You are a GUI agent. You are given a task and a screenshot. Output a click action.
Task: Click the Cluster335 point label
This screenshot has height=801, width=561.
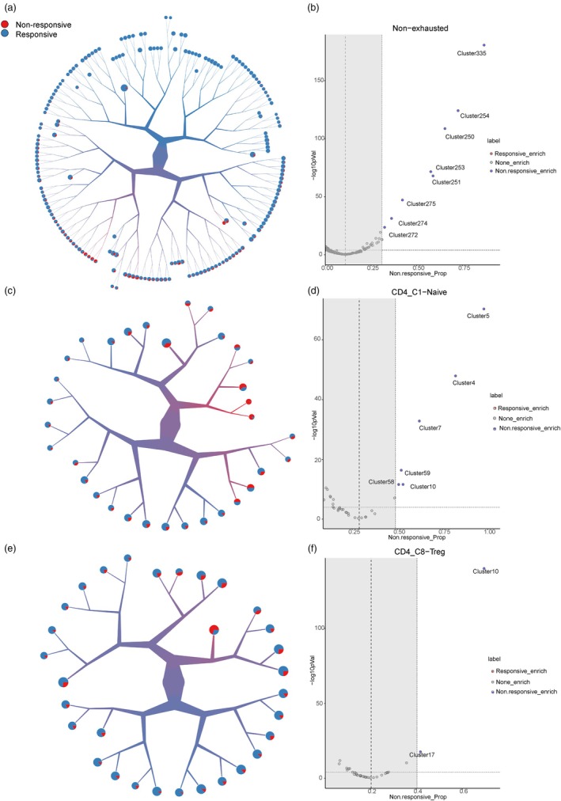pos(472,54)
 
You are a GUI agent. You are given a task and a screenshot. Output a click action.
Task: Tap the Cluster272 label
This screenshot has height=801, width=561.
pos(404,235)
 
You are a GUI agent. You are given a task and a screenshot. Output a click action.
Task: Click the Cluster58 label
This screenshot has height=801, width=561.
pos(381,482)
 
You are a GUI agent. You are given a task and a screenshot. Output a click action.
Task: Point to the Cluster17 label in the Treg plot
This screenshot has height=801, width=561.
pos(422,754)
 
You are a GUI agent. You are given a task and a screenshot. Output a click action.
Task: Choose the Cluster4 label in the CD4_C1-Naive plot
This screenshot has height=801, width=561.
pos(463,383)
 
